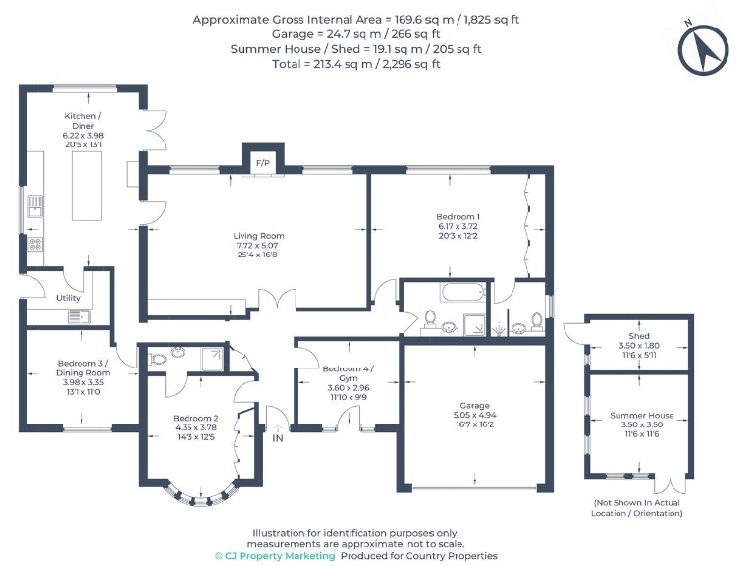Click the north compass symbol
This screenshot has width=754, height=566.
pos(703,50)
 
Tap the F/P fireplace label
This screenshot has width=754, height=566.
pos(263,163)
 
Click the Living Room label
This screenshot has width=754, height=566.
pos(258,236)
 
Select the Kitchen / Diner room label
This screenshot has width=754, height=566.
pos(82,121)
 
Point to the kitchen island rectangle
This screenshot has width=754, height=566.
pos(86,186)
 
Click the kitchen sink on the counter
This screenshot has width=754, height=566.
pos(35,206)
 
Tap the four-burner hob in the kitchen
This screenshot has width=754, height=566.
pos(35,244)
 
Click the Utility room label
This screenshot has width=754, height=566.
pos(68,298)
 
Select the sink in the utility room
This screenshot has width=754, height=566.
pos(79,316)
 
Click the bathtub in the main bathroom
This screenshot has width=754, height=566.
pos(463,292)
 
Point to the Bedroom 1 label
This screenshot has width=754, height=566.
pos(458,217)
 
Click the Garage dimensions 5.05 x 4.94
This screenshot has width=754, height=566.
pos(474,415)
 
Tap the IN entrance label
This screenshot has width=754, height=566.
pos(278,438)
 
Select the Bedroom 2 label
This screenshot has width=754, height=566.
pos(195,419)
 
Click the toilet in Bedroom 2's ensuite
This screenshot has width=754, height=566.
pos(157,359)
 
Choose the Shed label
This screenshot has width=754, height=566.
pos(639,336)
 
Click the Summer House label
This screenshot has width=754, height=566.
pos(641,415)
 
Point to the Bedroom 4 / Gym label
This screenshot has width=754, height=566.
pos(349,373)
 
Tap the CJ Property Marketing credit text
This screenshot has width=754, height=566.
pos(275,556)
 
